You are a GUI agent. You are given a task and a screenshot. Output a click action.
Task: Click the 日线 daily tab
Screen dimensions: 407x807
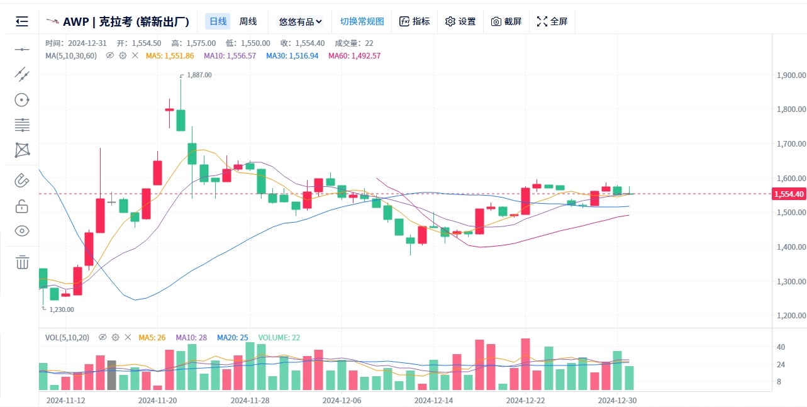point(218,21)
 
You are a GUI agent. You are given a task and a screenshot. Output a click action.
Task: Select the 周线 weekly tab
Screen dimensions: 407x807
point(248,21)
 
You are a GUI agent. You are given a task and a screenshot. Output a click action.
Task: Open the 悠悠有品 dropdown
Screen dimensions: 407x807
point(300,21)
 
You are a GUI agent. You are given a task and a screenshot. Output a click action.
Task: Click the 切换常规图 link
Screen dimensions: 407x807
point(362,21)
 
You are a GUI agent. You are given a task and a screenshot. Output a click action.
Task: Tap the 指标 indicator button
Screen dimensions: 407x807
point(415,21)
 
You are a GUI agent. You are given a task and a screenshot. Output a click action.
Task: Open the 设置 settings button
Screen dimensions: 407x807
point(460,21)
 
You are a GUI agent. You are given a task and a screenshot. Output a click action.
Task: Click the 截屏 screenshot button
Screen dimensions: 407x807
point(506,21)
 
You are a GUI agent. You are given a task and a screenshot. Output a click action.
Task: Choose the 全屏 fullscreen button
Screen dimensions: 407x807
point(552,21)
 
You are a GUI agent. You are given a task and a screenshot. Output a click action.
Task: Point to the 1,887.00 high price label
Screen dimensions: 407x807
point(199,75)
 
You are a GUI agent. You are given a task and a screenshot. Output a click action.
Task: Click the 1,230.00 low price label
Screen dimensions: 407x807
point(61,309)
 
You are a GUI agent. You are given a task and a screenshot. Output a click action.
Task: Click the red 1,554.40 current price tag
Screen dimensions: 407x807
point(789,194)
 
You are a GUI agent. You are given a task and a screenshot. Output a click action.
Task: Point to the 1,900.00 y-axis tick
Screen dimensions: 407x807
point(791,75)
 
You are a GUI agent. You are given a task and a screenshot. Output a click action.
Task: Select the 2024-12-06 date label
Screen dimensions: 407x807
point(342,400)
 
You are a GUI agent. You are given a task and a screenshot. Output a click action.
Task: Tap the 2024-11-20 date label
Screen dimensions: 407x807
point(157,400)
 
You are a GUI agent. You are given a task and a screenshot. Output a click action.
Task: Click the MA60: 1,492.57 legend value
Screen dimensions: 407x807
point(354,55)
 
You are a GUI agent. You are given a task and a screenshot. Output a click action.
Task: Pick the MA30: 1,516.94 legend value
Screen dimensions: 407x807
point(292,55)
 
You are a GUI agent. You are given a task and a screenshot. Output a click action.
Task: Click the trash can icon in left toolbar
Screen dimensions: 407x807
point(22,262)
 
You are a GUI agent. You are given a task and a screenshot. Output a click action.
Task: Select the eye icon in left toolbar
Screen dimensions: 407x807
point(22,231)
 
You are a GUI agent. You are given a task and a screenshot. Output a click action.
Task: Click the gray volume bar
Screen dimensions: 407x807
point(111,376)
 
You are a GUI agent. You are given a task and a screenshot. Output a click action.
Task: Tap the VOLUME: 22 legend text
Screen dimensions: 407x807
point(279,338)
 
